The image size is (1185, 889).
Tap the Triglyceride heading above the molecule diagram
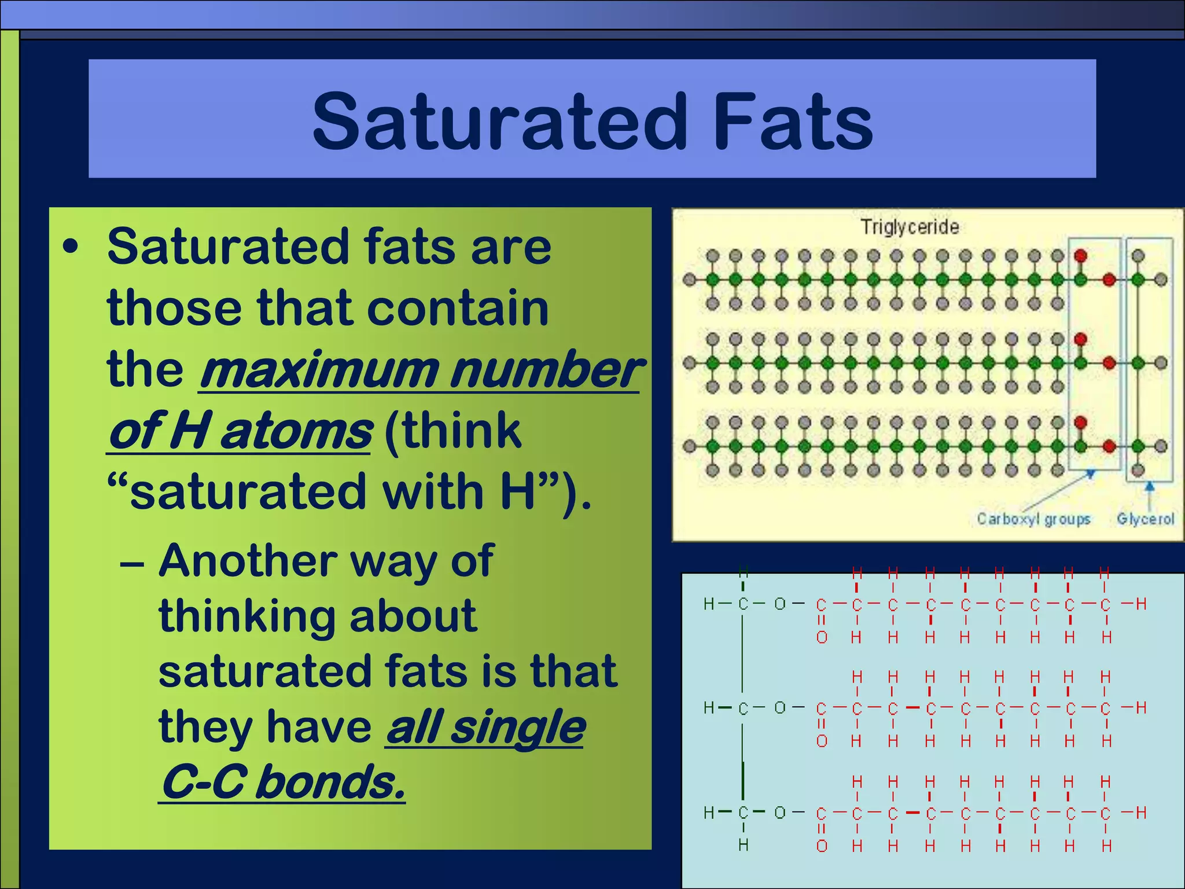tap(909, 227)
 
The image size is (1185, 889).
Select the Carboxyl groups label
tap(1033, 519)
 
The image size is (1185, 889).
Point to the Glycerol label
tap(1145, 519)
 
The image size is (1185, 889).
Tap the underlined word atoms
tap(296, 431)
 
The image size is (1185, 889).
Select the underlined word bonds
tap(330, 783)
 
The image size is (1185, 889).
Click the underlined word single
tap(518, 728)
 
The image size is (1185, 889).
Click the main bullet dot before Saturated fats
tap(71, 248)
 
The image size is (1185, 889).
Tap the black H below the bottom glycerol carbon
tap(744, 845)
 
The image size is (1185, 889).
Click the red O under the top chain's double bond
tap(822, 638)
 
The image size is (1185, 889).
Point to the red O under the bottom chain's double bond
tap(822, 846)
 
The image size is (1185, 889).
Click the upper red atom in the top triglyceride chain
tap(1080, 256)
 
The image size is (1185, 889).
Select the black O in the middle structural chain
tap(780, 708)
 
